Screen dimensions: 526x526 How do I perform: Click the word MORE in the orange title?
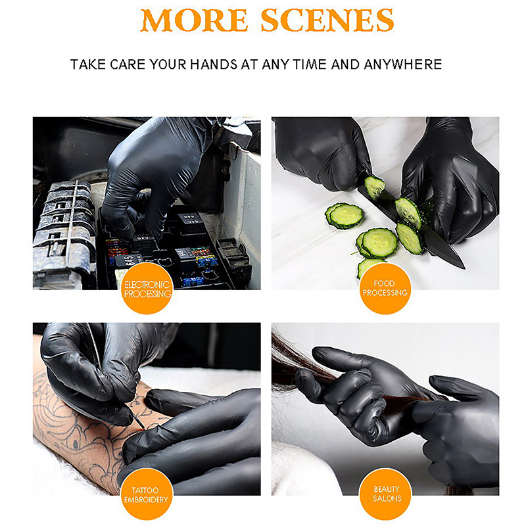[194, 20]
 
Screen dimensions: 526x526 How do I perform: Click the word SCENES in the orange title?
[327, 20]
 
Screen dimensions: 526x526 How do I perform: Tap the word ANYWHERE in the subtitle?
[403, 64]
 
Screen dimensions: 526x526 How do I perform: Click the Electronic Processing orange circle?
[147, 289]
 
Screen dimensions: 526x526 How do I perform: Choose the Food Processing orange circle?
[385, 289]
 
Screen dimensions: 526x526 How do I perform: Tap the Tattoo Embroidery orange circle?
[146, 494]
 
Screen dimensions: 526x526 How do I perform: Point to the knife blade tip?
[464, 268]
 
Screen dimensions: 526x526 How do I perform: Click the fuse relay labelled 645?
[128, 260]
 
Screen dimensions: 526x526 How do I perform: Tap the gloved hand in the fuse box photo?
[155, 174]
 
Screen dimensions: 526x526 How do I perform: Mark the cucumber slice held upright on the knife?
[374, 187]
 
